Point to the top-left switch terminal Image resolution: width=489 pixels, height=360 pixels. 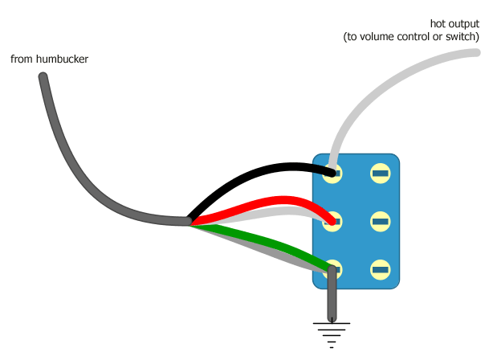coord(332,173)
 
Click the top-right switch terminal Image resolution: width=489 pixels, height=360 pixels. coord(380,173)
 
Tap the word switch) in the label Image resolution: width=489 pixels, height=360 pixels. coord(463,37)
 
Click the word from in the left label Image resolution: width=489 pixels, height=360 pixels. coord(20,59)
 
